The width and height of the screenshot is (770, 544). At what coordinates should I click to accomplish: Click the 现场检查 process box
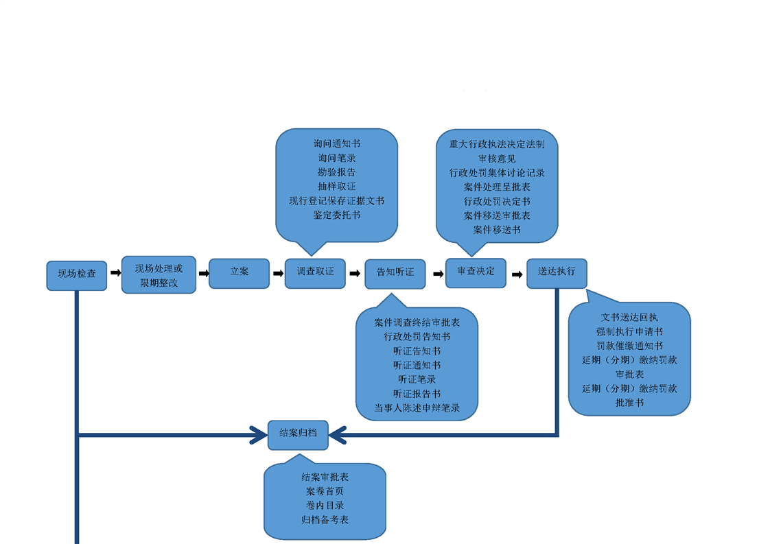click(77, 275)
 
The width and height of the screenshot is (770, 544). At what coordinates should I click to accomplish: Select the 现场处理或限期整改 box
click(159, 275)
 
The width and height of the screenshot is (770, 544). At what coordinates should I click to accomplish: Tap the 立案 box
click(239, 273)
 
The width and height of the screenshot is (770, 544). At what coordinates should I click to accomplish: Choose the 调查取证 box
click(315, 273)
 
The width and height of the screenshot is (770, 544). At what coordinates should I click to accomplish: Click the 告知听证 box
click(395, 274)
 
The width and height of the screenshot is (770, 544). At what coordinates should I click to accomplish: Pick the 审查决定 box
click(476, 272)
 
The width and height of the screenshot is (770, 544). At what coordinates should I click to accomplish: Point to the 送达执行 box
click(557, 272)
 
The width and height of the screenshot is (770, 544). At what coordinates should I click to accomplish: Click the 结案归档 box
click(298, 434)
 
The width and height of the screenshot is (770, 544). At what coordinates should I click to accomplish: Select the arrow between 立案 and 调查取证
click(278, 274)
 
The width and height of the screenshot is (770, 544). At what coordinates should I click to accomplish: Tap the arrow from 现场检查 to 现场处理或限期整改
click(115, 273)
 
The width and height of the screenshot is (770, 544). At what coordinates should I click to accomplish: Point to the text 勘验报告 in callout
click(337, 172)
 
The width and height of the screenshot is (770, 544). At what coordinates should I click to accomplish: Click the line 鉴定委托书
click(337, 215)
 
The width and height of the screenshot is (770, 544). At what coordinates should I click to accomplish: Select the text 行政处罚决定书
click(497, 201)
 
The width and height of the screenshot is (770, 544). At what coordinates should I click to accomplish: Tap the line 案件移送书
click(497, 230)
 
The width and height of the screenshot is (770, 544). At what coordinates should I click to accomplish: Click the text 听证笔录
click(417, 379)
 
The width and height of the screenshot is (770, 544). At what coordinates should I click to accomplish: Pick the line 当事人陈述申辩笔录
click(417, 407)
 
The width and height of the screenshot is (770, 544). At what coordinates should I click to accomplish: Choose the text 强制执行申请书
click(629, 331)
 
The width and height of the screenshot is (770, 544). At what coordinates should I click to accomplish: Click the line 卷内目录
click(325, 506)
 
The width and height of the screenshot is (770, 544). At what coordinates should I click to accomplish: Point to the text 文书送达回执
click(629, 317)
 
